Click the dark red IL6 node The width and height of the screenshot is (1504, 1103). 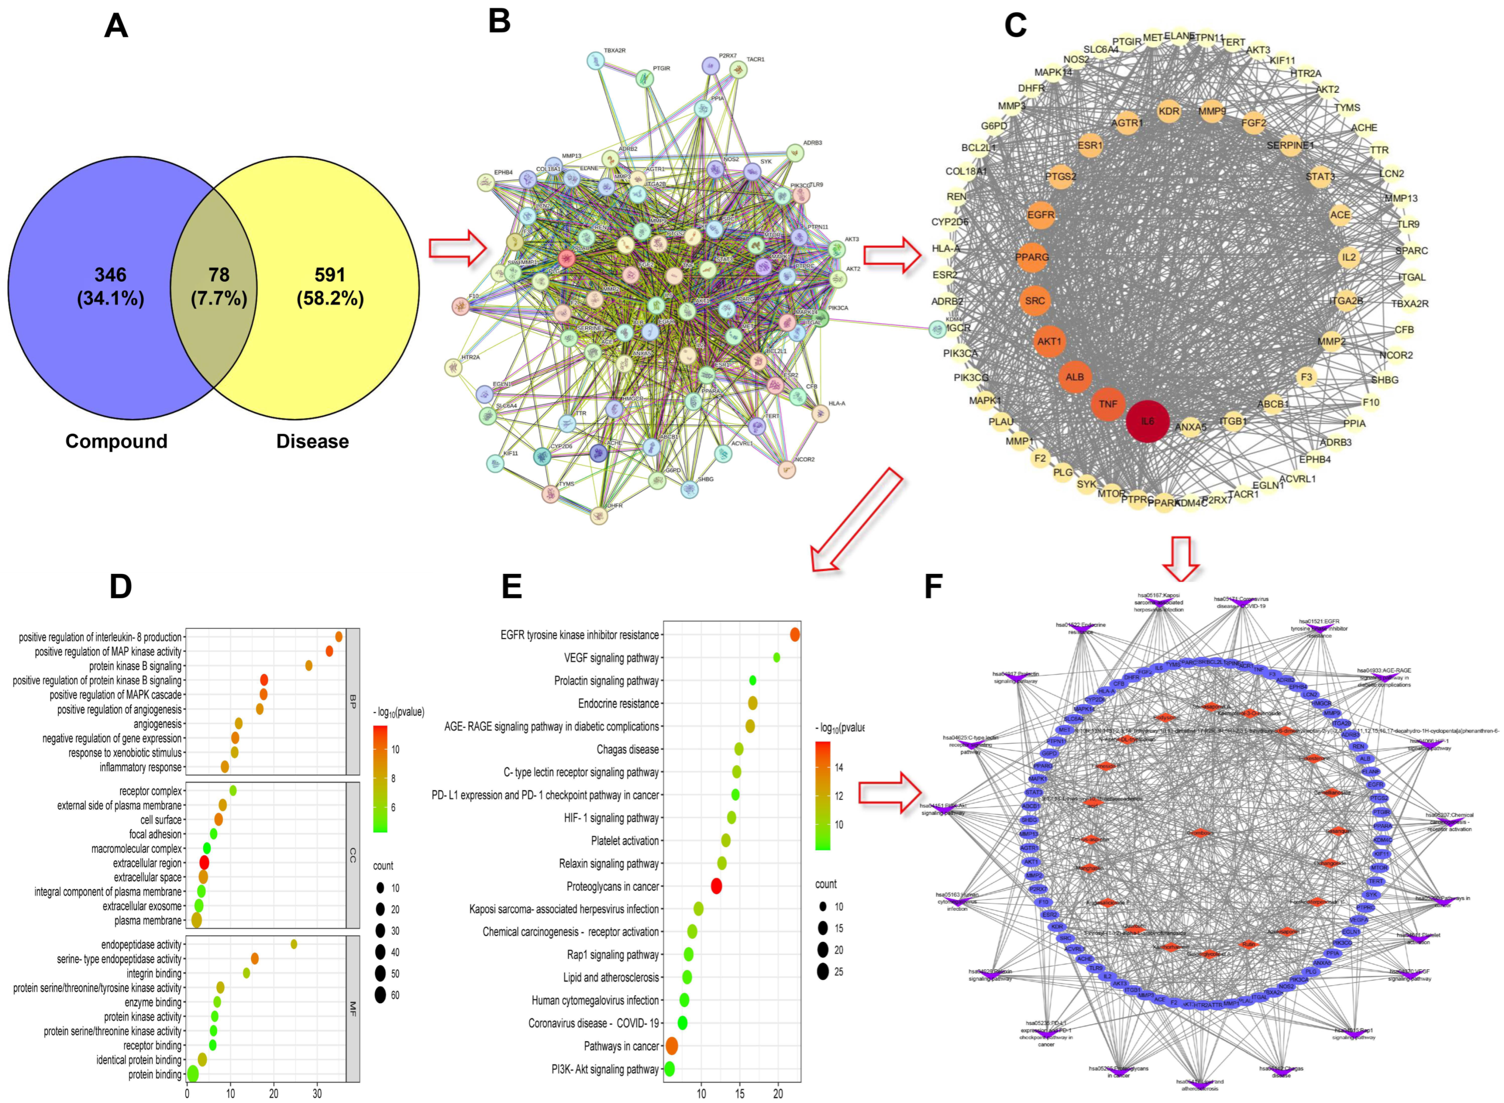coord(1147,421)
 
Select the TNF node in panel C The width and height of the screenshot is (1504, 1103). coord(1108,404)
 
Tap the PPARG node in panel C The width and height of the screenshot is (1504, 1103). coord(1032,257)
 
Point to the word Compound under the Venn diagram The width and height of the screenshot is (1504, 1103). coord(116,441)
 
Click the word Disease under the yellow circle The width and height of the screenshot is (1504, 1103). coord(312,441)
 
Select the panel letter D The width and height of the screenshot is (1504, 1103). coord(121,586)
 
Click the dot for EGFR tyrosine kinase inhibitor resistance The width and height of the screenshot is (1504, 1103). coord(794,634)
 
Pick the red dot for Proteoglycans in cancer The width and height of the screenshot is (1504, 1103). coord(716,886)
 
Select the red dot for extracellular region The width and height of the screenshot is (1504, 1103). coord(204,863)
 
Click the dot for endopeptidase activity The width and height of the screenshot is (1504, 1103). coord(294,944)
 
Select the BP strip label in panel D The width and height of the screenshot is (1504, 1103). coord(352,701)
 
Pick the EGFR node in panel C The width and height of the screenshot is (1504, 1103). coord(1041,215)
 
